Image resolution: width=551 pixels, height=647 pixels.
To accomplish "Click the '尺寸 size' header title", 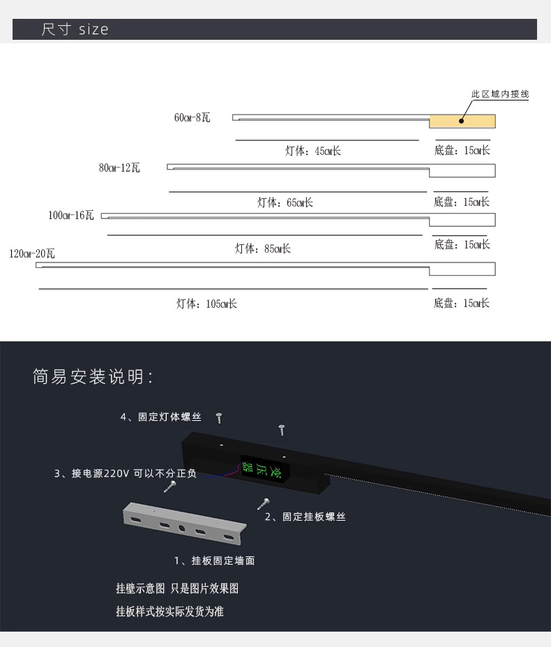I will pyautogui.click(x=75, y=29).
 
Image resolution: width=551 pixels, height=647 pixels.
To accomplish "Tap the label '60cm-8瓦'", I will pyautogui.click(x=192, y=117).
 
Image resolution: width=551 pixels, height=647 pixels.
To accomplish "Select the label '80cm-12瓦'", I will pyautogui.click(x=119, y=168).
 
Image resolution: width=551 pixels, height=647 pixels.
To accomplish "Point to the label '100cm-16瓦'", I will pyautogui.click(x=70, y=216).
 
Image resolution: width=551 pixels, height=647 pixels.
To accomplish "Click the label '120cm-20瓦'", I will pyautogui.click(x=31, y=253).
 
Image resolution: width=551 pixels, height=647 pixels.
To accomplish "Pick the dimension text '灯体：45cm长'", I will pyautogui.click(x=312, y=151).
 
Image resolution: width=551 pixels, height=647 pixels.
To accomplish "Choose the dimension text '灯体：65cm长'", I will pyautogui.click(x=285, y=202).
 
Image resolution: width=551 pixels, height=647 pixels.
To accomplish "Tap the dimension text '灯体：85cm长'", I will pyautogui.click(x=262, y=248).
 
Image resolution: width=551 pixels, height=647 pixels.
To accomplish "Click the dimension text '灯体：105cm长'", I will pyautogui.click(x=206, y=304).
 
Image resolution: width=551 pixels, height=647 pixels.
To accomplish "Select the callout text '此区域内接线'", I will pyautogui.click(x=500, y=94).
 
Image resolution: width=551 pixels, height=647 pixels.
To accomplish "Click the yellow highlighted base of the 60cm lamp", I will pyautogui.click(x=462, y=121).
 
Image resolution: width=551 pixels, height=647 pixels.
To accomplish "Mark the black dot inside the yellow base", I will pyautogui.click(x=461, y=121).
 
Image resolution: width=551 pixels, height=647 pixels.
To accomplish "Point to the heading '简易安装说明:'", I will pyautogui.click(x=93, y=378).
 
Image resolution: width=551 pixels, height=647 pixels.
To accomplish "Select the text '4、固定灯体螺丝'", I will pyautogui.click(x=161, y=417).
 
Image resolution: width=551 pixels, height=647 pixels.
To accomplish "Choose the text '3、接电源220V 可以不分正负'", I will pyautogui.click(x=125, y=474).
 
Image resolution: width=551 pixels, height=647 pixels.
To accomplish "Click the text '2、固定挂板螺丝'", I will pyautogui.click(x=305, y=517).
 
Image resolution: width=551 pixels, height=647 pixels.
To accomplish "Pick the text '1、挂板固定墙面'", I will pyautogui.click(x=214, y=560).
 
